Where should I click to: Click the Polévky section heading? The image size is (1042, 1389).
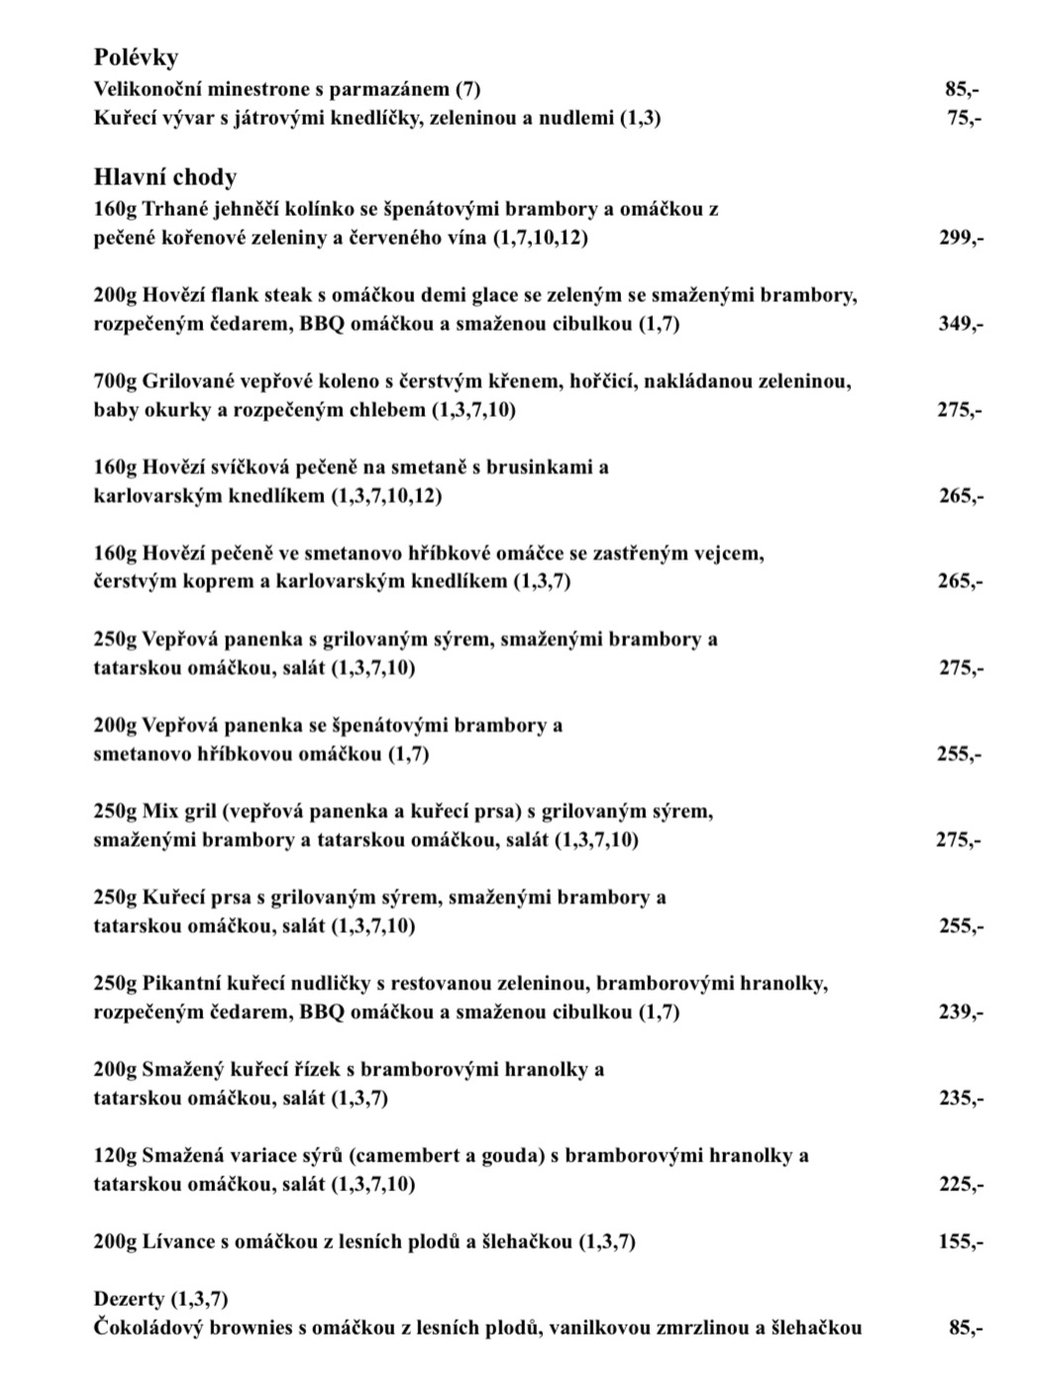(x=136, y=58)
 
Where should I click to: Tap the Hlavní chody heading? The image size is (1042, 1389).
(x=165, y=177)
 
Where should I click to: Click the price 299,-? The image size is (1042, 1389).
(x=961, y=238)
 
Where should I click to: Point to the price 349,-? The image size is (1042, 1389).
(x=961, y=324)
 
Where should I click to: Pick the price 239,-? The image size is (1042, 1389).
(x=961, y=1013)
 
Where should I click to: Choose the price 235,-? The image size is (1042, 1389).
(x=961, y=1099)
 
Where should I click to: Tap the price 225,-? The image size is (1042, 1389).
(x=961, y=1185)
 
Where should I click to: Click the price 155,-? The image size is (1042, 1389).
(x=961, y=1241)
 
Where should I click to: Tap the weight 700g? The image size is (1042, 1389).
(x=115, y=380)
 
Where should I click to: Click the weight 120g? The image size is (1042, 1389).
(x=115, y=1155)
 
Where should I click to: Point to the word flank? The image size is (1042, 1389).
(x=240, y=295)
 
